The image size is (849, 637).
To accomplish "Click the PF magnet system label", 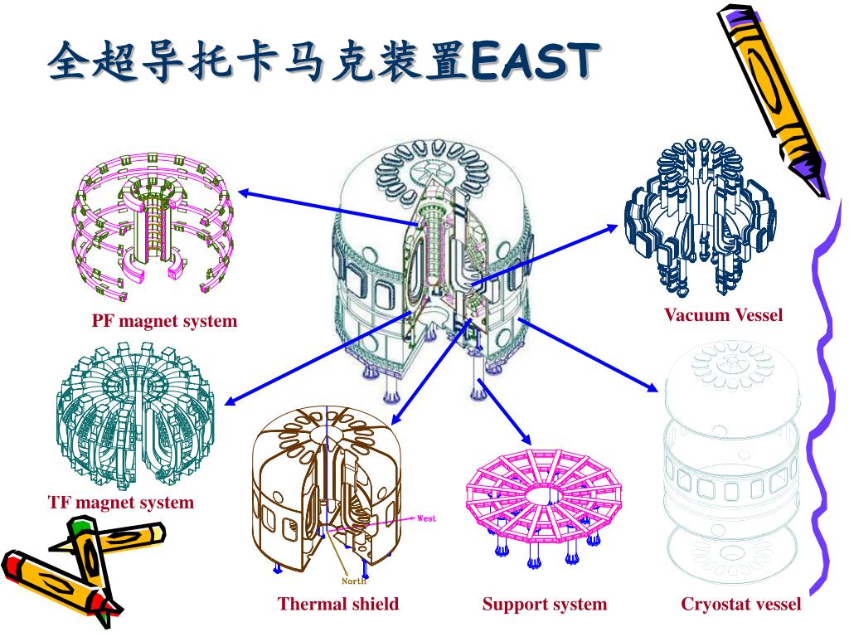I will tap(164, 321).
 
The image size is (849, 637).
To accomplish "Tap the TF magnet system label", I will tap(121, 503).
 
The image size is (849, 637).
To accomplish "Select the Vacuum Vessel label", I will tap(723, 315).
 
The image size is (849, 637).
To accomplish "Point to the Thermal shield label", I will tap(338, 604).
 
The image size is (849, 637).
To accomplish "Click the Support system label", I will tap(545, 604).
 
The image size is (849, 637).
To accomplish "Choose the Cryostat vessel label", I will tap(741, 604).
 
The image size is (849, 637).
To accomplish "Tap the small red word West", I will tap(426, 518).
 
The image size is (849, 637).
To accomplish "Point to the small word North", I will tap(354, 581).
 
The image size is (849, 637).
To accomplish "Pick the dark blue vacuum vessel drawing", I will tap(701, 216).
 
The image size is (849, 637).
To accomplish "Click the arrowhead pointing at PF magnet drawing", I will tap(242, 193).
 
